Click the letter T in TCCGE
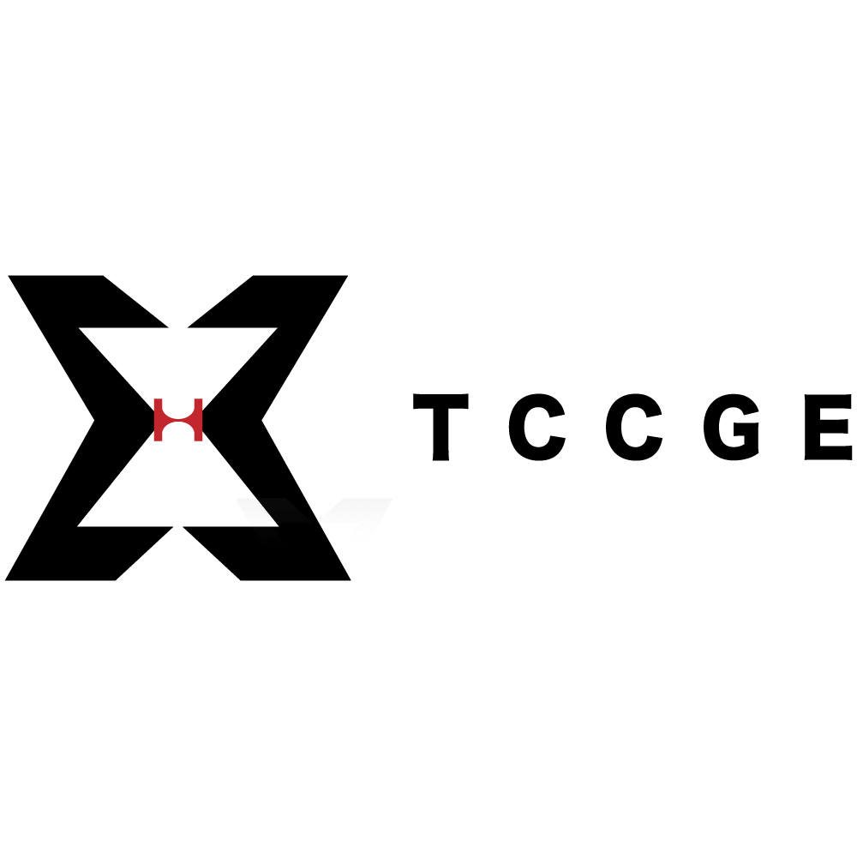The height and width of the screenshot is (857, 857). tap(440, 427)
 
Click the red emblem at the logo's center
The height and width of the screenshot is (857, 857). tap(178, 420)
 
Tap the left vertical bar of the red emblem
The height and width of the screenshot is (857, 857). tap(158, 420)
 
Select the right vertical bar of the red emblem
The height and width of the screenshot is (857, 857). tap(199, 420)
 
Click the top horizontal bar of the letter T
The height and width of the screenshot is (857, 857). tap(440, 400)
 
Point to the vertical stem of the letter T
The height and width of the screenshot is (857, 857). tap(440, 434)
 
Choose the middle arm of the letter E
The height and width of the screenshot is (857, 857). tap(834, 426)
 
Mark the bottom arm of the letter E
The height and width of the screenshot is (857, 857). tap(836, 453)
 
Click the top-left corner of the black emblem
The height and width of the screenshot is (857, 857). tap(9, 275)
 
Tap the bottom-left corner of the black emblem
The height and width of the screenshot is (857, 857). tap(5, 580)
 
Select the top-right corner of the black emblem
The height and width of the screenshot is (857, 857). tap(348, 275)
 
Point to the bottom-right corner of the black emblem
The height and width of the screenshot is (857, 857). tap(351, 580)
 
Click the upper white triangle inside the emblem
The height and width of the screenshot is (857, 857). tap(178, 356)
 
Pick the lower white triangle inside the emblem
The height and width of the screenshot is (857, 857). tap(178, 492)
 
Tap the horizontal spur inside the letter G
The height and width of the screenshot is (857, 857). tap(746, 429)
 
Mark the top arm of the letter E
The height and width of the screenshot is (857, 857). tap(836, 401)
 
